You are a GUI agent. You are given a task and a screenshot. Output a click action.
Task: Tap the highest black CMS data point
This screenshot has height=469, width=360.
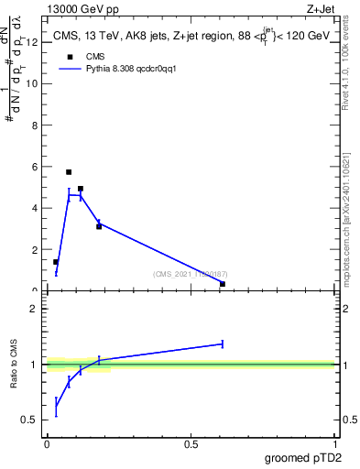coord(69,172)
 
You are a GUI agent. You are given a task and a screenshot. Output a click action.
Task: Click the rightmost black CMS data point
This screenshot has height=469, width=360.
coord(223,284)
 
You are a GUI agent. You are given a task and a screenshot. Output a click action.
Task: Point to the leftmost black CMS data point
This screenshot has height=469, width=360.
coord(56,262)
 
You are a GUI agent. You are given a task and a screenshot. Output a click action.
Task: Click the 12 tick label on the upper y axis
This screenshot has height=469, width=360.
coord(32,42)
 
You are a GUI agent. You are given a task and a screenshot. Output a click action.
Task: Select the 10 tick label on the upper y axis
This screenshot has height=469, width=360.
coord(32,83)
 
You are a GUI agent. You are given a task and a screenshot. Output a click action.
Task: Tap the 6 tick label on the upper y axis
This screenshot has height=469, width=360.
coord(35,167)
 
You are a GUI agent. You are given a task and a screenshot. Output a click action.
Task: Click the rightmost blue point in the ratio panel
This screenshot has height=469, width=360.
coord(223,344)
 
